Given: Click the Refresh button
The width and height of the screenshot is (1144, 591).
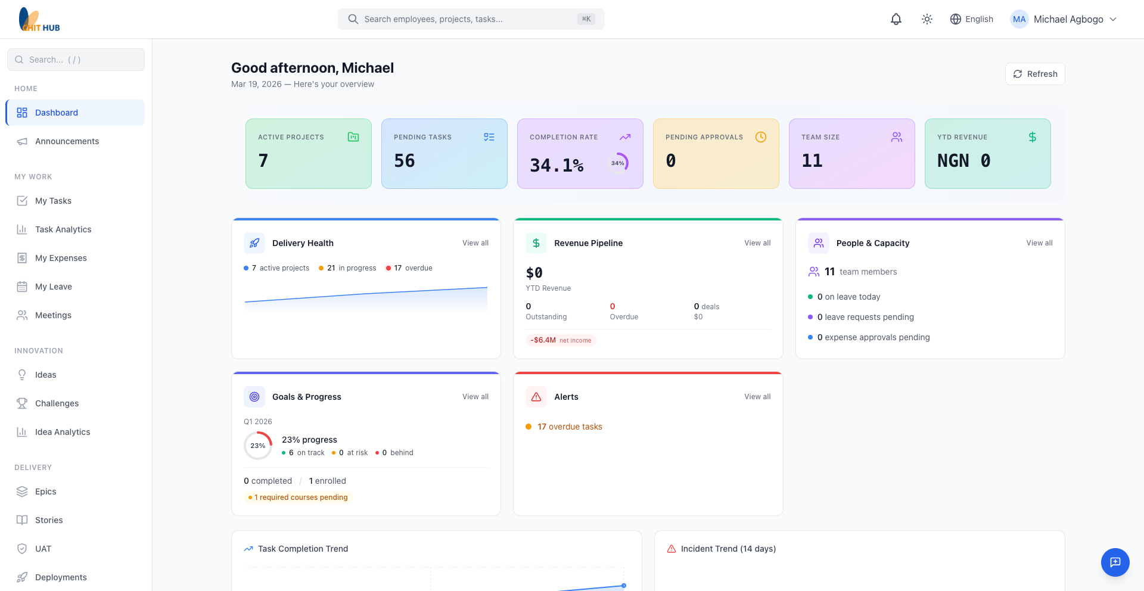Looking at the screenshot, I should pyautogui.click(x=1035, y=74).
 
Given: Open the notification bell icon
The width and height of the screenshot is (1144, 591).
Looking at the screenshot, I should pyautogui.click(x=896, y=19).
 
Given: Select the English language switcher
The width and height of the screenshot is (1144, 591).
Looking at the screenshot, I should pyautogui.click(x=971, y=19).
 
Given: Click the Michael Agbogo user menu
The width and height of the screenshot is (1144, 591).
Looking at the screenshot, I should pyautogui.click(x=1064, y=19).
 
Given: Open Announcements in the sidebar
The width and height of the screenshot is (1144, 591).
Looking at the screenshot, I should pyautogui.click(x=67, y=141).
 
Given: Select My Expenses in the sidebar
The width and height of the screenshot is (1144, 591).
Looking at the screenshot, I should pyautogui.click(x=61, y=258).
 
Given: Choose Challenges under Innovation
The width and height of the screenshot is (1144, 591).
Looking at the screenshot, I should pyautogui.click(x=57, y=403).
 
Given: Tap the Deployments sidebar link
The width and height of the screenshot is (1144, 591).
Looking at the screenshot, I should pyautogui.click(x=61, y=577).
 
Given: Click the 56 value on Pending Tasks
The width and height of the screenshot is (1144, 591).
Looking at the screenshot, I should pyautogui.click(x=405, y=161).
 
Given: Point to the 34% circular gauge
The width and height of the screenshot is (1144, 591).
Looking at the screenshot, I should pyautogui.click(x=618, y=163).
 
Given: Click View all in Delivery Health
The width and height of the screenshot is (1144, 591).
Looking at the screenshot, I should pyautogui.click(x=475, y=243).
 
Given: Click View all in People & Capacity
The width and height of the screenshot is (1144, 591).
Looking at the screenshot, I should pyautogui.click(x=1039, y=243).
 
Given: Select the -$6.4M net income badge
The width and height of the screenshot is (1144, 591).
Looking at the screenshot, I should pyautogui.click(x=561, y=340).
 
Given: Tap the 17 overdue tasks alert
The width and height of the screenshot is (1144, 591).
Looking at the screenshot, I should pyautogui.click(x=569, y=427).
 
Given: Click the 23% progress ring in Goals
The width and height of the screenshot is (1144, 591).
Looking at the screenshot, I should pyautogui.click(x=258, y=446).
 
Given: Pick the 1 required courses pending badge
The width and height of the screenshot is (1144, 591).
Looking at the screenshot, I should pyautogui.click(x=299, y=497).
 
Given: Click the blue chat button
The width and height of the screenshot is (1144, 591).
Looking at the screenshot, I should pyautogui.click(x=1115, y=562).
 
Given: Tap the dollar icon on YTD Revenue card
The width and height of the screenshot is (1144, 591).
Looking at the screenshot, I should pyautogui.click(x=1032, y=137).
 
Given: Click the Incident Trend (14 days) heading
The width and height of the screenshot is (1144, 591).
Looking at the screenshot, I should pyautogui.click(x=728, y=549).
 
